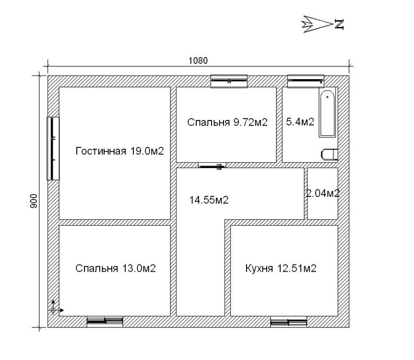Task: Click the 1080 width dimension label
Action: (x=198, y=61)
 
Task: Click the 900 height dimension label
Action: (x=35, y=201)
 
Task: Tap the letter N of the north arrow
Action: (x=339, y=24)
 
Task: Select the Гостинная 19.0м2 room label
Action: (x=119, y=151)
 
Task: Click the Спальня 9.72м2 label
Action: (x=227, y=122)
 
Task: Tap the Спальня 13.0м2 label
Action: (x=116, y=268)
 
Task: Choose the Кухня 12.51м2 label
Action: (x=281, y=268)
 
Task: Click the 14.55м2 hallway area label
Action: (x=209, y=200)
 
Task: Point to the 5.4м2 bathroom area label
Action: (x=300, y=122)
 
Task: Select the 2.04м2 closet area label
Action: (x=323, y=193)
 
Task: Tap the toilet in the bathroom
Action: (x=330, y=155)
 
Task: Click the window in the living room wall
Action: (x=53, y=148)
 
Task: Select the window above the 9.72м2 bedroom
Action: (x=229, y=81)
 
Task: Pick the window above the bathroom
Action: (x=306, y=81)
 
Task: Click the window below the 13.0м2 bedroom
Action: (x=105, y=322)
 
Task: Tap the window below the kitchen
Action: (x=289, y=322)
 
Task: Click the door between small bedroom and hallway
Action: (x=213, y=166)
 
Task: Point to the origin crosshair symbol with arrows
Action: (x=54, y=310)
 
